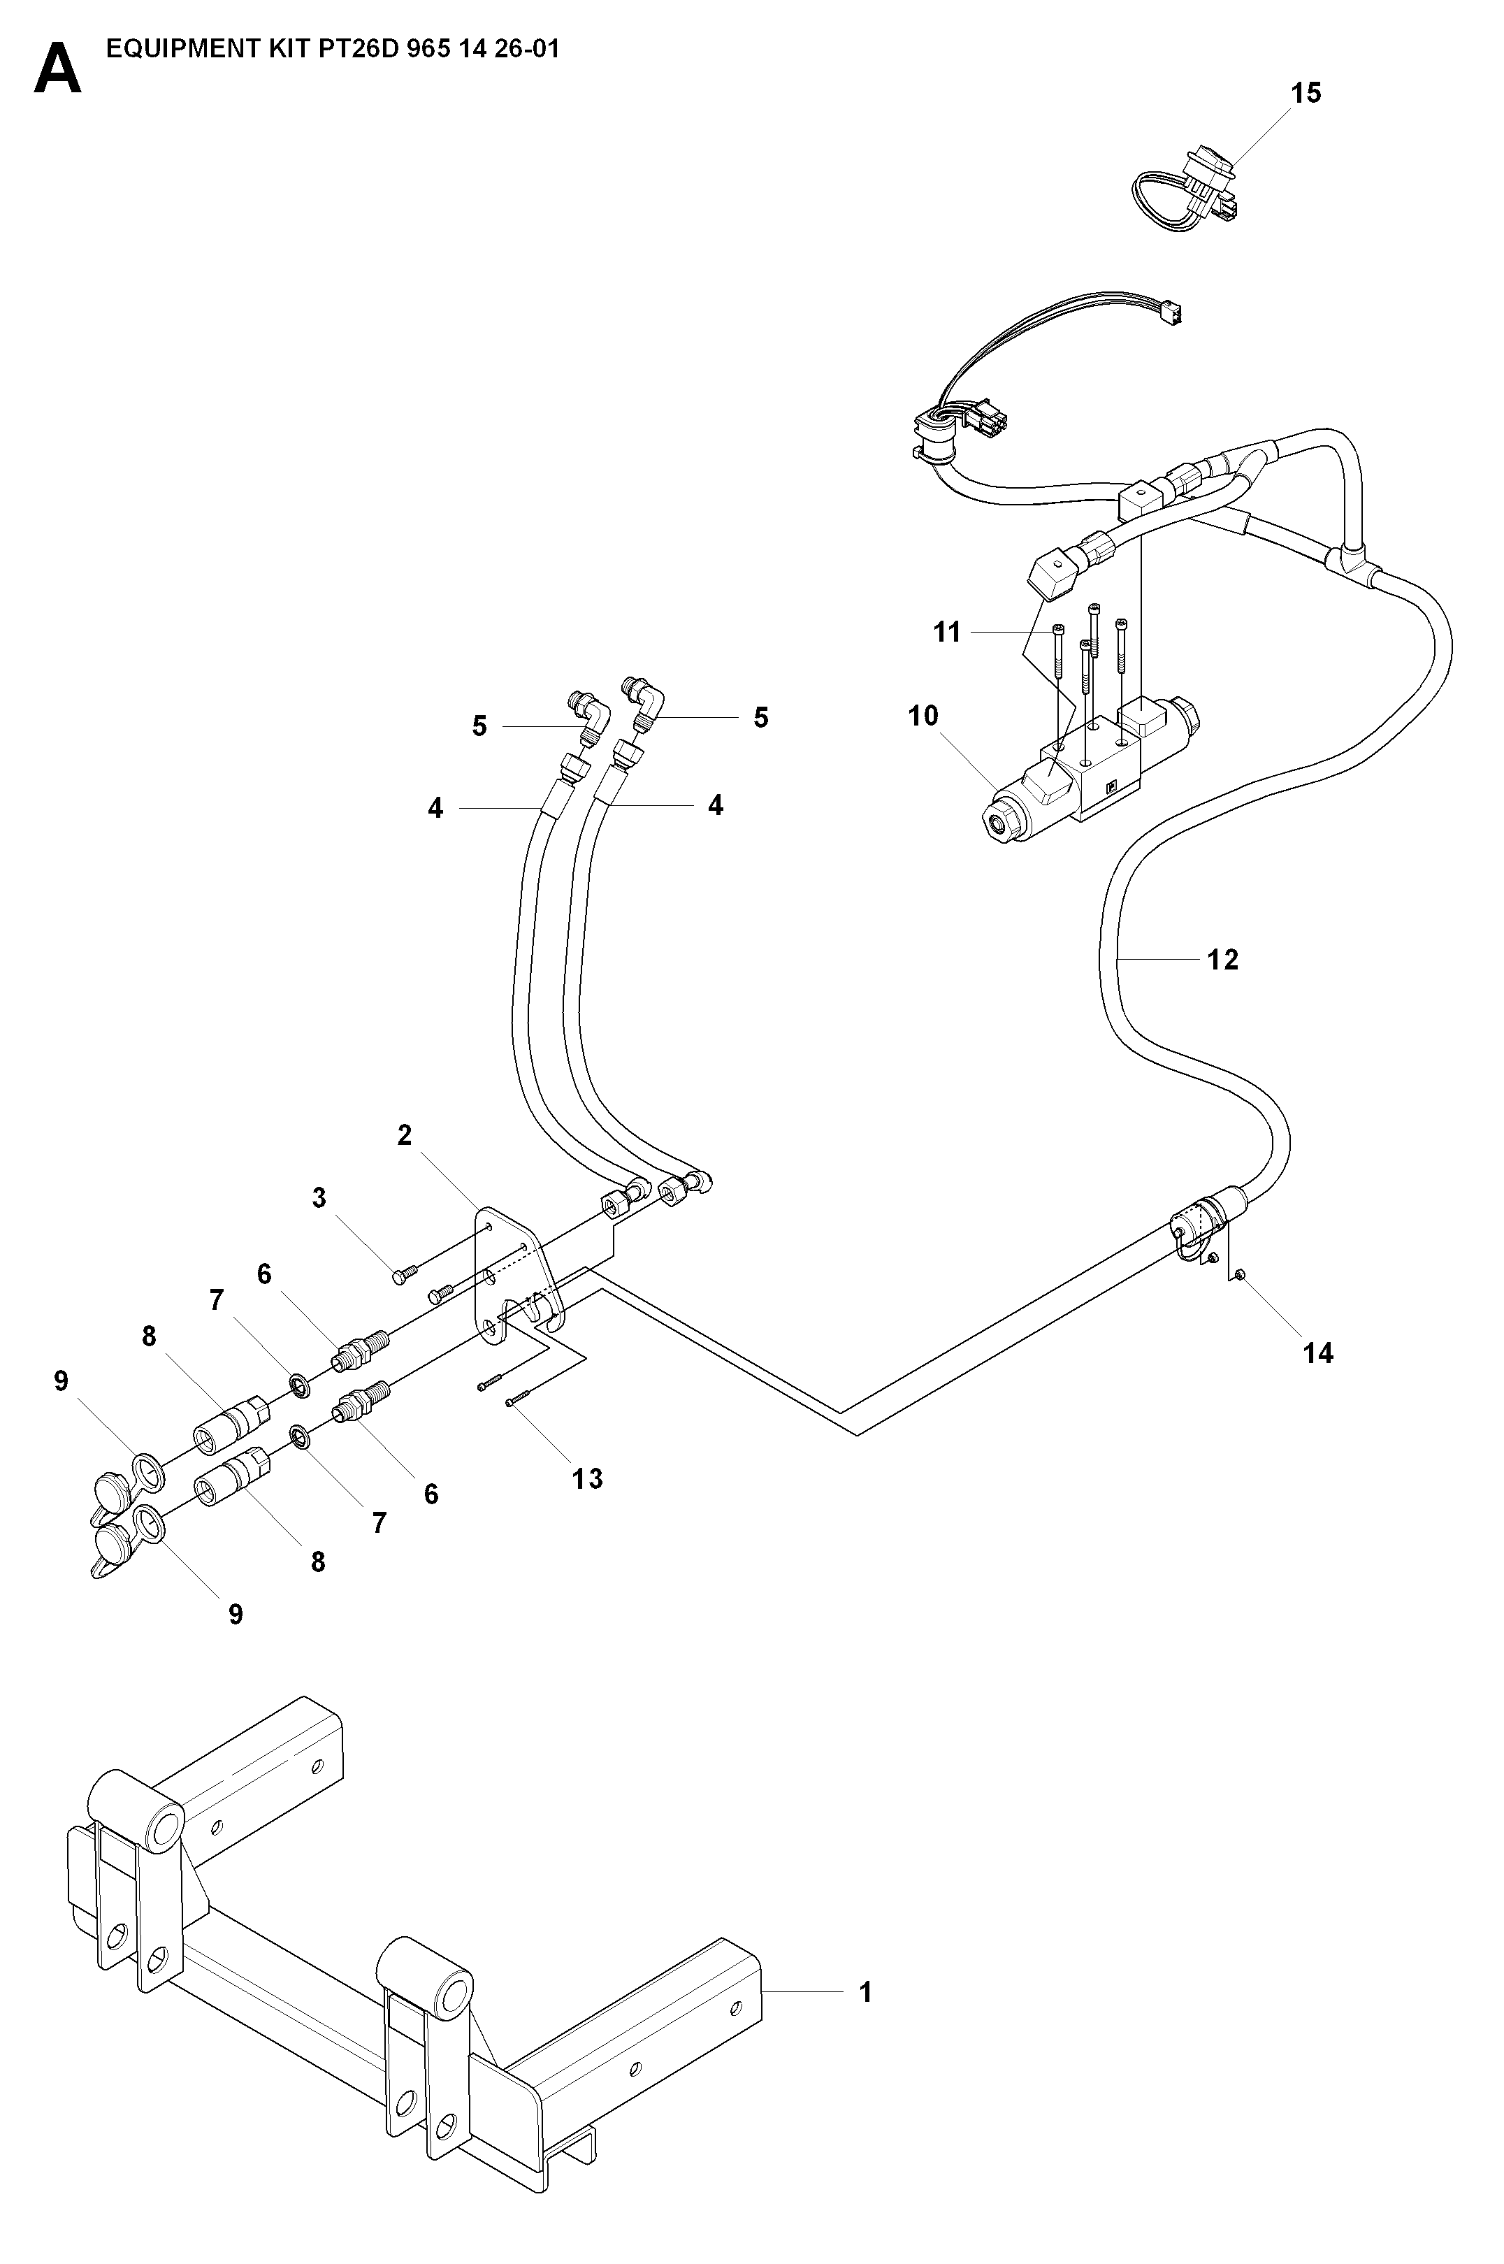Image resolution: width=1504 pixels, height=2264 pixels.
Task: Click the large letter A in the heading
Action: coord(57,71)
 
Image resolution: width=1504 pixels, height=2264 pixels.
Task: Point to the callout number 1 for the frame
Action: coord(865,1993)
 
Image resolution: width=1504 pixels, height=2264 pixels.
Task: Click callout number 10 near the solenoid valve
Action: coord(923,716)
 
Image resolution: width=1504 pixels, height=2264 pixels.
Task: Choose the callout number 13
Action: coord(588,1478)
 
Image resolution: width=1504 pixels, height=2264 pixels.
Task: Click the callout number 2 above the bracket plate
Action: coord(405,1136)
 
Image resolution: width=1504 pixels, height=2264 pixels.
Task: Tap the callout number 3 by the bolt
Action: coord(319,1198)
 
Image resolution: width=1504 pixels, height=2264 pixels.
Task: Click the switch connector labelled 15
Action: coord(1187,188)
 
